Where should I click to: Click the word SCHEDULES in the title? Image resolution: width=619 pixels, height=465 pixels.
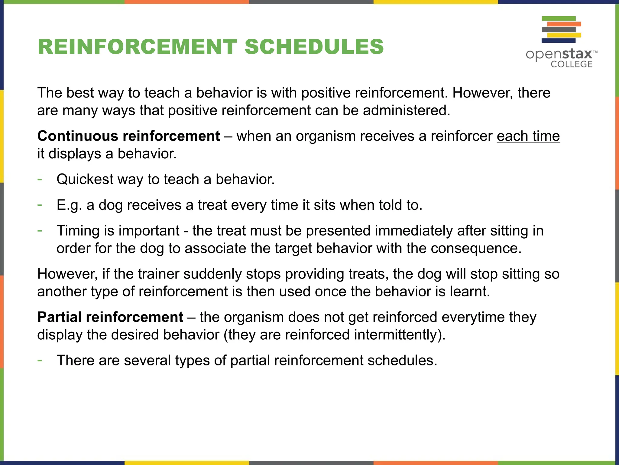314,47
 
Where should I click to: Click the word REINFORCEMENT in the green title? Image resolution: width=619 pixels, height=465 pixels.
137,47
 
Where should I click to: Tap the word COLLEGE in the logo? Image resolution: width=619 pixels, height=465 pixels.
571,64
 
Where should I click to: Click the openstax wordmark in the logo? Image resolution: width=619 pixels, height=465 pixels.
559,54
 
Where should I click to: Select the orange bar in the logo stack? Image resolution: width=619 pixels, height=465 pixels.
564,24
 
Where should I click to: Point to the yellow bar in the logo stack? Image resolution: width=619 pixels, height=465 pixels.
564,35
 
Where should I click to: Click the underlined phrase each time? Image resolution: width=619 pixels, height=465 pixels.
528,136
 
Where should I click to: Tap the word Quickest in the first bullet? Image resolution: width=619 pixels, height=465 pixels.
85,179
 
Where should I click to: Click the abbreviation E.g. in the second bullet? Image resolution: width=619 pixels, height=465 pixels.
69,205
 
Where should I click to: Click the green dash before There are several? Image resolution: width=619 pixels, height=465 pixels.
40,360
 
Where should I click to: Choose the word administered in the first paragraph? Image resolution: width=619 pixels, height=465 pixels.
406,110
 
